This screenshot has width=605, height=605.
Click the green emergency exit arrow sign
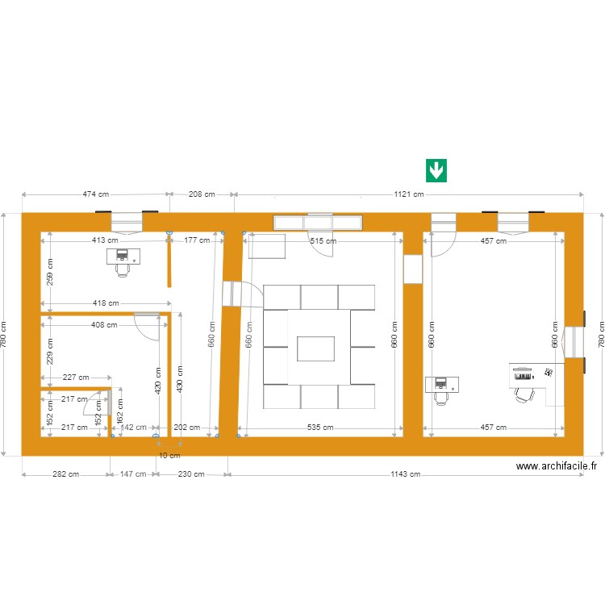pos(436,170)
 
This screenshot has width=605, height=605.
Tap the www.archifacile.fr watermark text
pos(557,465)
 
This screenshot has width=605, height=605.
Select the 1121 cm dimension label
pos(408,194)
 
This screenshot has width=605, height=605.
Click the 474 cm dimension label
pos(96,194)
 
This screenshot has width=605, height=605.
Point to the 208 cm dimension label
pos(202,194)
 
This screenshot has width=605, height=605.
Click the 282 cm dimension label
pos(65,474)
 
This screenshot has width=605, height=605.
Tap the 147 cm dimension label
pos(132,474)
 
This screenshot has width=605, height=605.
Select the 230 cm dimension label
pos(190,474)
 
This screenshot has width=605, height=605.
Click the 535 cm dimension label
pos(320,428)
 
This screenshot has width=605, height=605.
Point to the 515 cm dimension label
pos(324,240)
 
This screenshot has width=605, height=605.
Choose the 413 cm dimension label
pos(105,240)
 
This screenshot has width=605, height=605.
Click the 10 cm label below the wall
pos(169,456)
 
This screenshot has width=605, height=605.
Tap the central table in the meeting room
pos(319,348)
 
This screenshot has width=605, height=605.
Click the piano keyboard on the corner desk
pos(524,375)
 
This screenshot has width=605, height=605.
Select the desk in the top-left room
pos(123,256)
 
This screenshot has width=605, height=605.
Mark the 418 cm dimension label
pos(106,303)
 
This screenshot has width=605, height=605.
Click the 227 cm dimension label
pos(76,378)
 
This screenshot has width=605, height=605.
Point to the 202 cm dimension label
pos(186,428)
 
